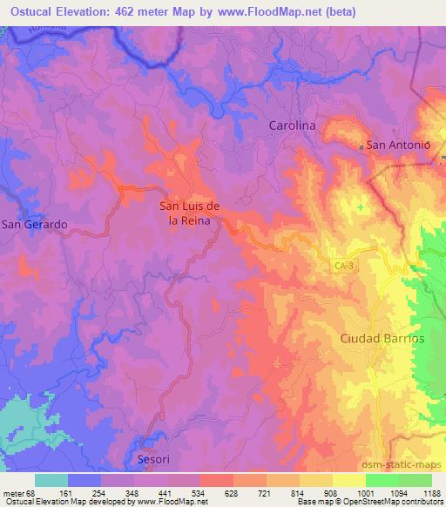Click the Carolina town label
[x=291, y=125]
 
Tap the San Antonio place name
[x=399, y=145]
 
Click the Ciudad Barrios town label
[x=382, y=337]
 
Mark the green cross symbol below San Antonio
[x=361, y=206]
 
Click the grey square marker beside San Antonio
[x=361, y=147]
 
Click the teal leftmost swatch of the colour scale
[x=51, y=480]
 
